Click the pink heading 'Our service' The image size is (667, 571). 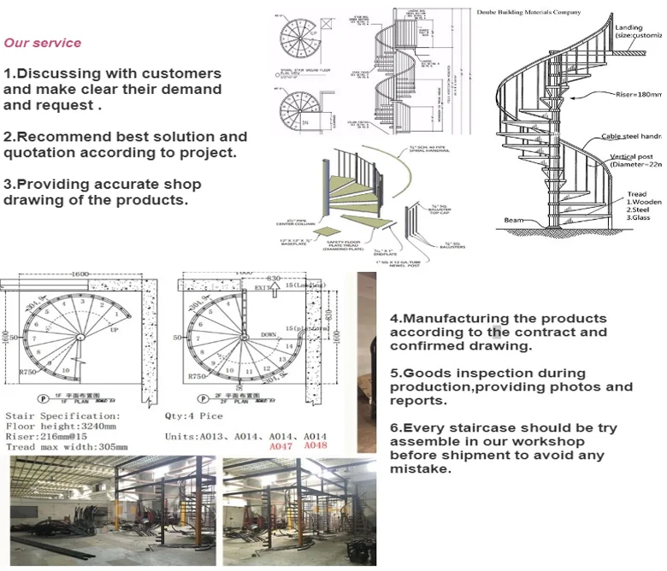click(x=43, y=43)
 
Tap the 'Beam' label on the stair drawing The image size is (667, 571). click(x=515, y=221)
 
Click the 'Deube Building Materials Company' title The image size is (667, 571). click(x=529, y=12)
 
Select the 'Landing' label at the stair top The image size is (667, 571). click(x=629, y=28)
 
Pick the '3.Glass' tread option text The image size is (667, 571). click(x=640, y=218)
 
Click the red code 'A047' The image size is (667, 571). click(x=281, y=446)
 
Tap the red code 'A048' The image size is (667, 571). click(x=315, y=446)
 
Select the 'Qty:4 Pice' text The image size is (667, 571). click(x=193, y=415)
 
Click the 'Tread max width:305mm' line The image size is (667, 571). click(x=67, y=446)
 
